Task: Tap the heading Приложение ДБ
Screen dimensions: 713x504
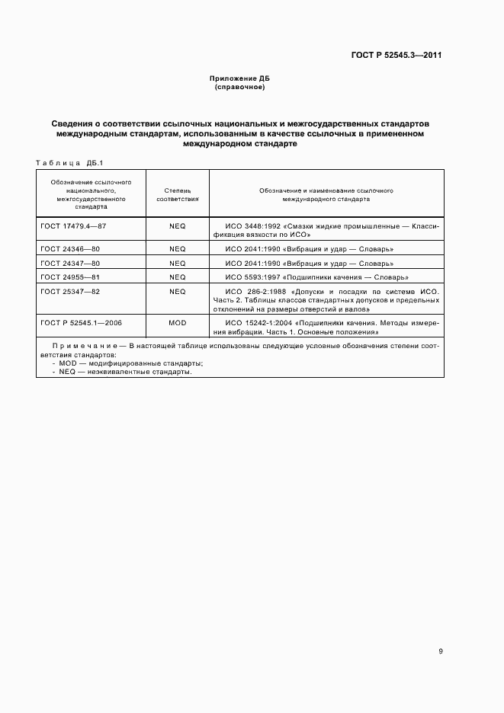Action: [239, 79]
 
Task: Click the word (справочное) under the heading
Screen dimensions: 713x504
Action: [239, 88]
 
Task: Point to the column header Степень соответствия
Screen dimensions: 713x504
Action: [177, 193]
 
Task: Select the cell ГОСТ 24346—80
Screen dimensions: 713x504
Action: [69, 249]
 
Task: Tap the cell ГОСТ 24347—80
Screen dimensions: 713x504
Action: [69, 263]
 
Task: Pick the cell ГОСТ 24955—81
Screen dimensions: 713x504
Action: [69, 277]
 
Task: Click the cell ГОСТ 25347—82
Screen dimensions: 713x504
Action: [69, 292]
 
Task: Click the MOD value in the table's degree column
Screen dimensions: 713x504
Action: [177, 324]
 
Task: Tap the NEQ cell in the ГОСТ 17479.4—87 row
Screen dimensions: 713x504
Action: [177, 226]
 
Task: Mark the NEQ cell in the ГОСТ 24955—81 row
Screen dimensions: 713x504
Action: [177, 277]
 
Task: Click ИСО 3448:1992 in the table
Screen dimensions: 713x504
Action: [253, 226]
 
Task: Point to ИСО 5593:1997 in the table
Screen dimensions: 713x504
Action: [253, 277]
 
